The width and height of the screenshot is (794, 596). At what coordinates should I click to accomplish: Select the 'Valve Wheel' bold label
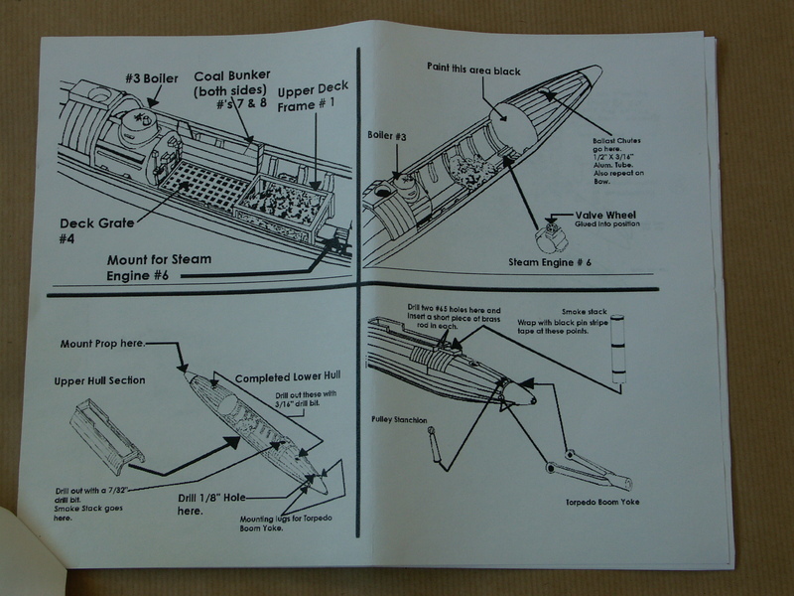[x=606, y=214]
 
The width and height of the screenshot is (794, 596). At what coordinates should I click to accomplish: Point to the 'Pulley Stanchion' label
[x=402, y=418]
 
